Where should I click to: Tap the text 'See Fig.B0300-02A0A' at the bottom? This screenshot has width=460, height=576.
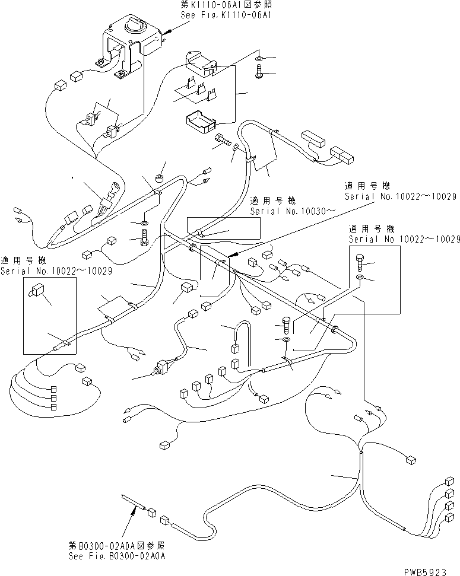[117, 556]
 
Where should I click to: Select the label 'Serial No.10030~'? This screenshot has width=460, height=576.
[285, 211]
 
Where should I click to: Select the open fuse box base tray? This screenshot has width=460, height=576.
[200, 122]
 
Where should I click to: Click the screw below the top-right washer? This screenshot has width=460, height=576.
[259, 74]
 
